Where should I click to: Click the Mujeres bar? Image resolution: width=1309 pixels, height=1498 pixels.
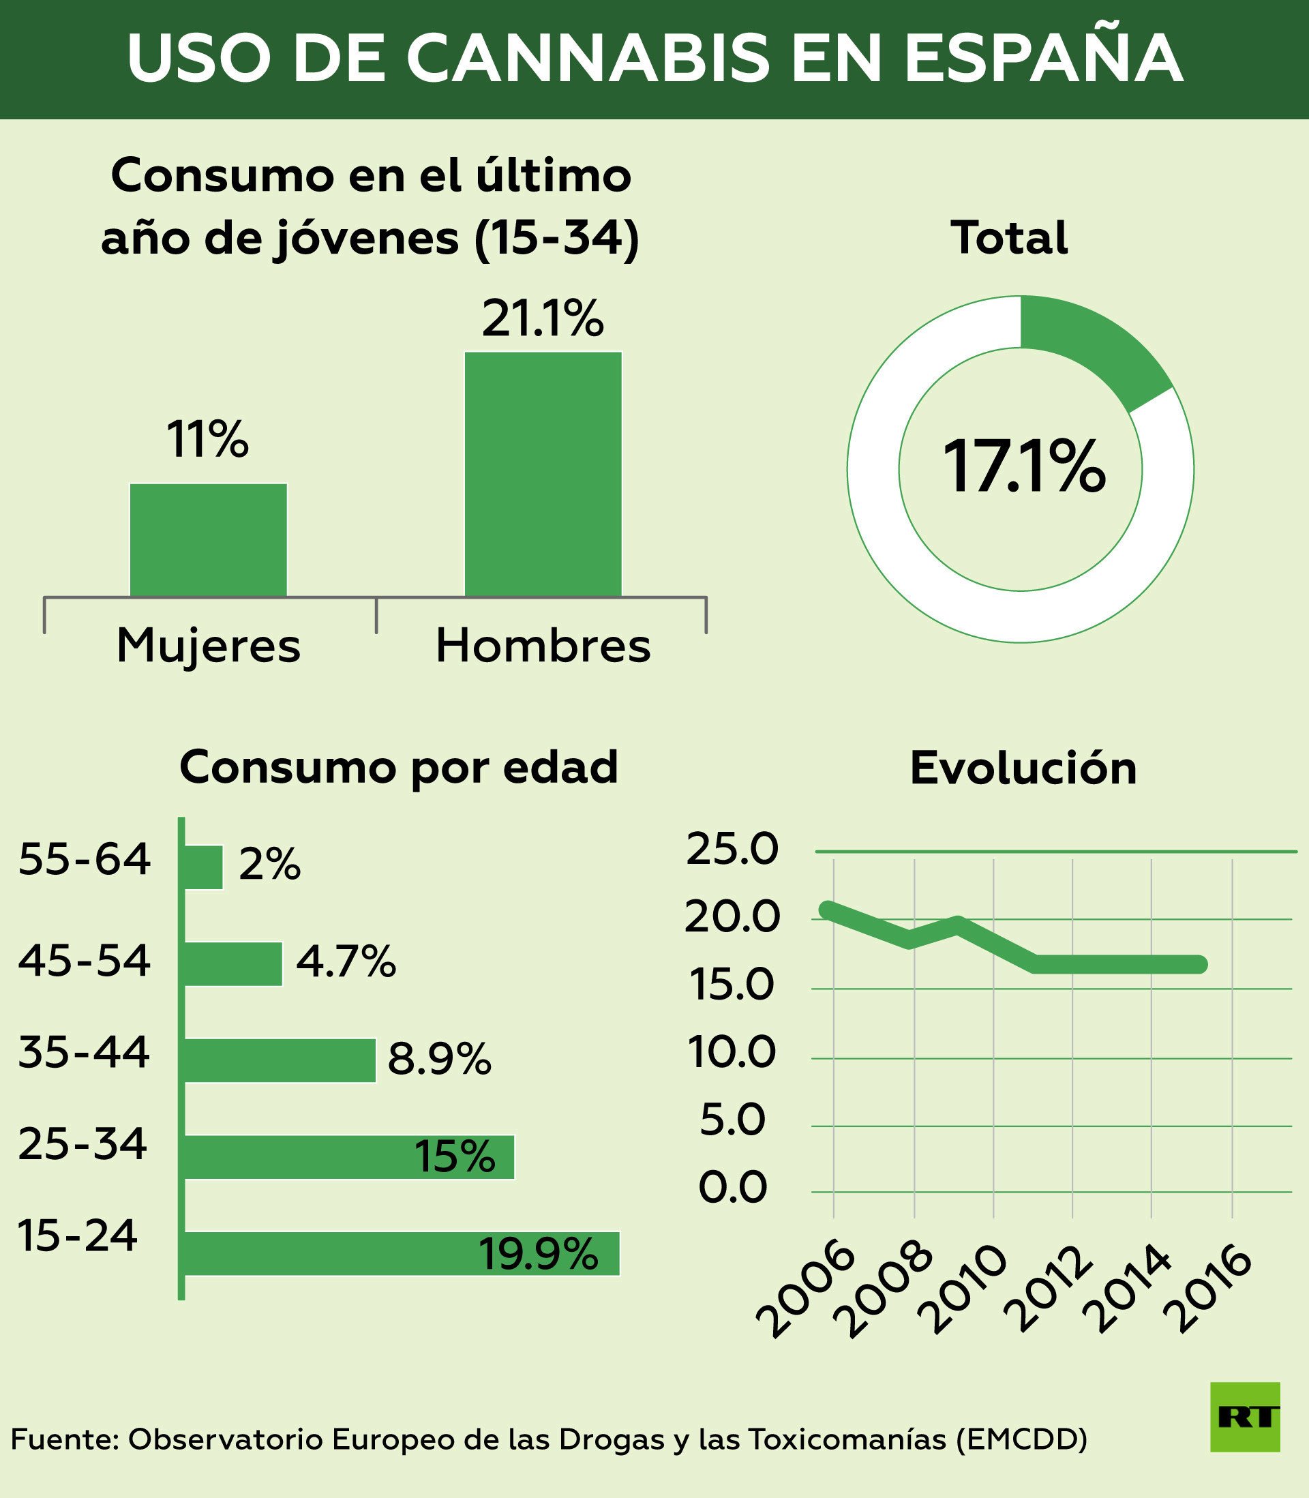[208, 540]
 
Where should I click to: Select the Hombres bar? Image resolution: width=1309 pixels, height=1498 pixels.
[543, 474]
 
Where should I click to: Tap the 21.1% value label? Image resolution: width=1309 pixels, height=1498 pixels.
[543, 318]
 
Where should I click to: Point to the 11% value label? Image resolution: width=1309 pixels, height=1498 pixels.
[208, 440]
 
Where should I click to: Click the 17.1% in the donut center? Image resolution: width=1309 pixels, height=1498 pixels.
[1023, 468]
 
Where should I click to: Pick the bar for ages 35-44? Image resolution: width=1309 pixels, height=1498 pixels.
[280, 1060]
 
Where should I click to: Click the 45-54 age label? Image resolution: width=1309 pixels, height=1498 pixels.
[84, 961]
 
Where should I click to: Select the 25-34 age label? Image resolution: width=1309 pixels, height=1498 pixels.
[82, 1145]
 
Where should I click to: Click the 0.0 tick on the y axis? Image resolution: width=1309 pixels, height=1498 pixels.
[733, 1188]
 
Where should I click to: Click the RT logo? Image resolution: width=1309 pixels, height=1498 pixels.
[1245, 1417]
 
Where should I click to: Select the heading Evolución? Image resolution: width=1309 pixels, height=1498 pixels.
[1023, 768]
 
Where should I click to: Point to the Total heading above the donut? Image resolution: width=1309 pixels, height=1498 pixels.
[1009, 237]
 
